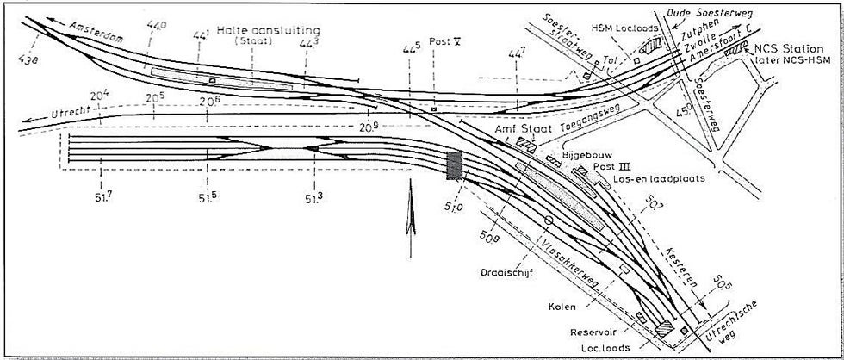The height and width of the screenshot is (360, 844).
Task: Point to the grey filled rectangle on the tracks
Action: (454, 164)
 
